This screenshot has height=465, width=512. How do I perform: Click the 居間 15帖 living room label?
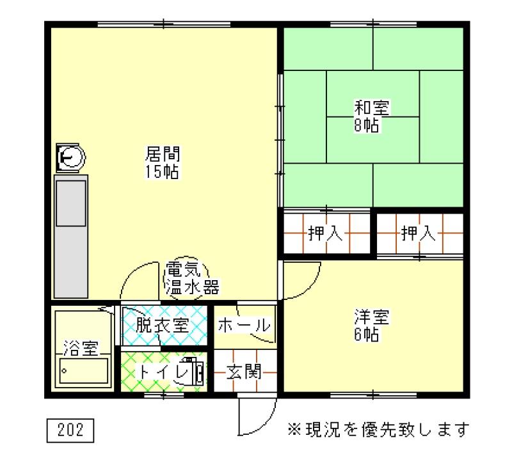163,163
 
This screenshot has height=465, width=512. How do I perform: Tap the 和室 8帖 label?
372,116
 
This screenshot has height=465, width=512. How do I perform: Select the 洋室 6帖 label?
372,325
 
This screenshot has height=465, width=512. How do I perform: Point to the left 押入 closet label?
325,233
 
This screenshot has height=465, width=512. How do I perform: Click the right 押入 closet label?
419,233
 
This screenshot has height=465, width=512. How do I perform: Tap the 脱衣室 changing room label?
163,325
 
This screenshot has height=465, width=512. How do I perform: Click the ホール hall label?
244,325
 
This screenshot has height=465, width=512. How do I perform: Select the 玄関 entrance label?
244,372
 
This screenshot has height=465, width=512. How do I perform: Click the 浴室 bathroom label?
81,348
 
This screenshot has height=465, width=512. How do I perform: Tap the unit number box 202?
70,430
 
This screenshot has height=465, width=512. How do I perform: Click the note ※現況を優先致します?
378,429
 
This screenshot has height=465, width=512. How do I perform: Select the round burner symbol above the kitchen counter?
70,157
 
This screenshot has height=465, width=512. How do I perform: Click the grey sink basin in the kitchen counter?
71,203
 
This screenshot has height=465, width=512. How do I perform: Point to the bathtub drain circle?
65,371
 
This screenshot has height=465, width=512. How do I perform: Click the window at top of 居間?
164,24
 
